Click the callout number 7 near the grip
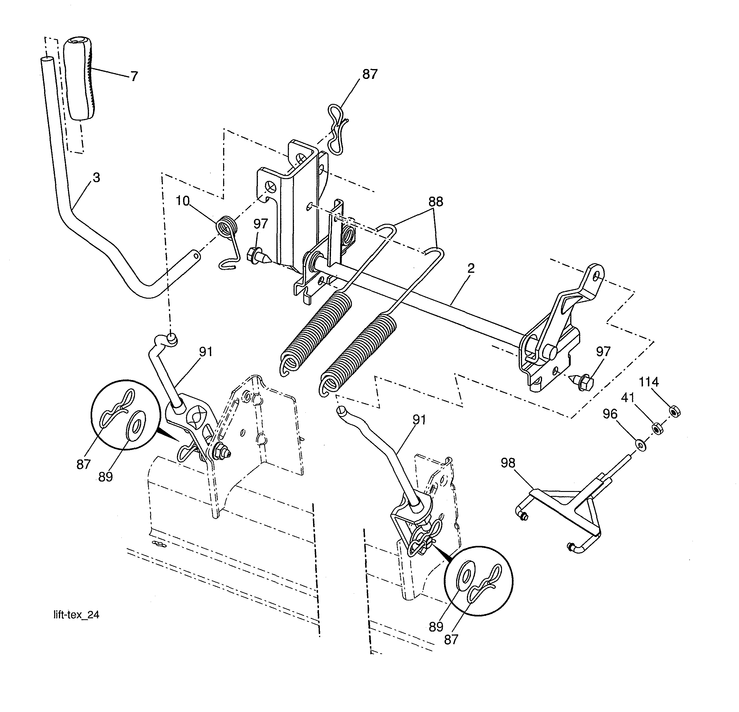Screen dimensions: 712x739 (134, 76)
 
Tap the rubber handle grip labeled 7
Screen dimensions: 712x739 (80, 79)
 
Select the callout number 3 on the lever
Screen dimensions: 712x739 (96, 178)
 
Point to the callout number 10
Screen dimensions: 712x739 (182, 201)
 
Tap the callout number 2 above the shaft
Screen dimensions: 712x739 (471, 268)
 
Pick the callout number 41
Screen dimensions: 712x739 (628, 398)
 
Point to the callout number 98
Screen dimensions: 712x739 (508, 463)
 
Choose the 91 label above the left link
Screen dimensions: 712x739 (206, 352)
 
